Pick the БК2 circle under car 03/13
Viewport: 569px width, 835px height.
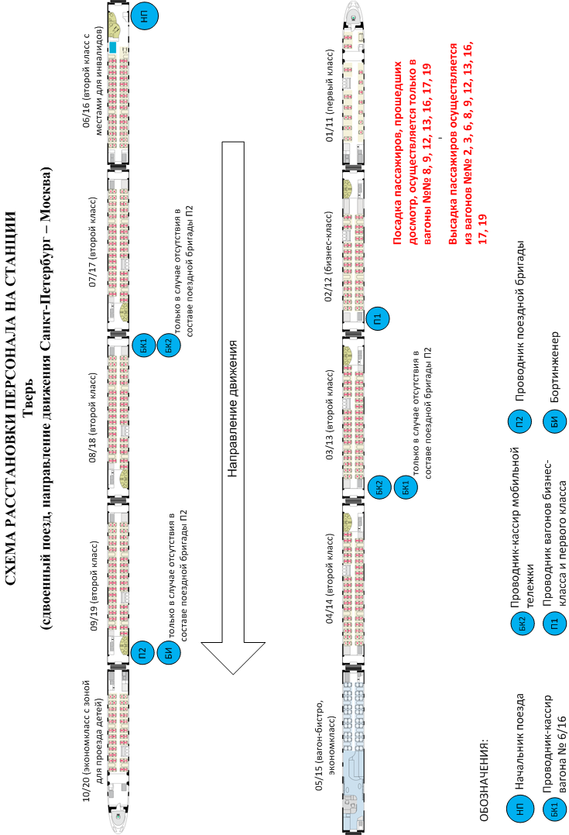(379, 487)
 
